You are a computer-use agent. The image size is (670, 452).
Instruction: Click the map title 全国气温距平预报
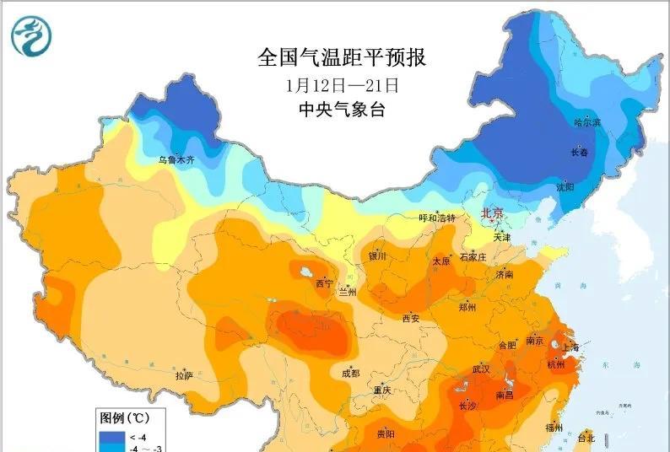(x=341, y=58)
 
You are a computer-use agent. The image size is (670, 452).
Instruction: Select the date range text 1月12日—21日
(x=341, y=85)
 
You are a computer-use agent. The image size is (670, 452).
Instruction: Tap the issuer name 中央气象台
(x=341, y=110)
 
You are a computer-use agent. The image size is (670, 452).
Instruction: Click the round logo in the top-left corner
(x=31, y=35)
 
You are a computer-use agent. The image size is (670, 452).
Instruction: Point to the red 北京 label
(x=492, y=214)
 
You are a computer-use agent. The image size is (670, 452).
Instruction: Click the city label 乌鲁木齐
(x=176, y=159)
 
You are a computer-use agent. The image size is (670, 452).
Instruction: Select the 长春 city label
(x=580, y=153)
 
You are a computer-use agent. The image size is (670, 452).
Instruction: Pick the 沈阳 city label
(x=565, y=186)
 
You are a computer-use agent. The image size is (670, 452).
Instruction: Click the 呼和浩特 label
(x=437, y=218)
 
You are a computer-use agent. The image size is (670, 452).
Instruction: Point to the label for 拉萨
(x=185, y=374)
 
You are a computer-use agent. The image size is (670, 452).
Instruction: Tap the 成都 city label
(x=349, y=373)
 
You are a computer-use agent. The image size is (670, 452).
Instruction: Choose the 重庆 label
(x=381, y=390)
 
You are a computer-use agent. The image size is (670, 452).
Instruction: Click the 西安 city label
(x=411, y=318)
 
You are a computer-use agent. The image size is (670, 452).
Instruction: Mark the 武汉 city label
(x=482, y=369)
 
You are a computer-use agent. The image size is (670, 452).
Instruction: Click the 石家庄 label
(x=473, y=256)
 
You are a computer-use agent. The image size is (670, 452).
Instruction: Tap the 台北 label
(x=586, y=438)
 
